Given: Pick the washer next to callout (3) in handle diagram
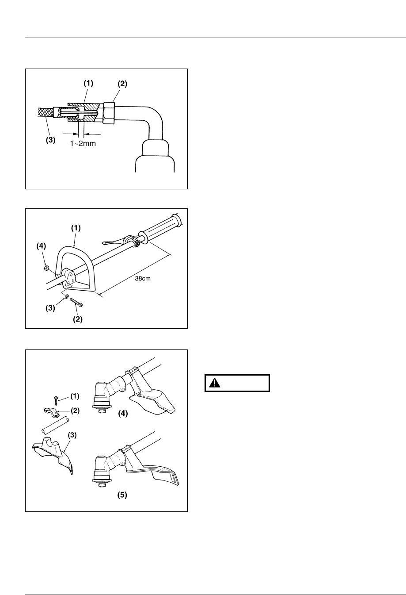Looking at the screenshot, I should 66,296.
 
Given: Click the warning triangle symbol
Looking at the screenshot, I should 215,383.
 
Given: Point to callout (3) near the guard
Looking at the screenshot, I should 72,435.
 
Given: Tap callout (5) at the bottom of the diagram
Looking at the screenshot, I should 122,495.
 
